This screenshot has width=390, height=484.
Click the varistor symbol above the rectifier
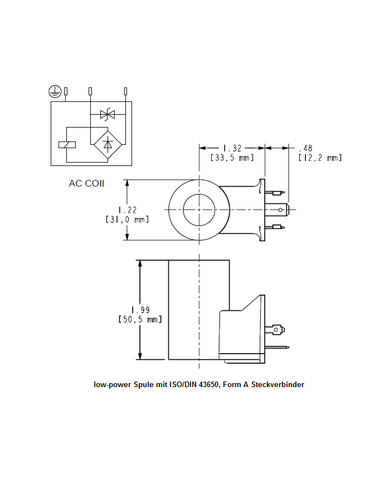tap(107, 115)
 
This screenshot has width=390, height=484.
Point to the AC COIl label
tap(86, 183)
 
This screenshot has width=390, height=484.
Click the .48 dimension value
tap(305, 148)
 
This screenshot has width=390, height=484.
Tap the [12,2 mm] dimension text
tap(319, 158)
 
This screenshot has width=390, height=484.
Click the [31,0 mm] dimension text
tap(127, 219)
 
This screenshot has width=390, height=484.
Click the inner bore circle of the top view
tap(199, 209)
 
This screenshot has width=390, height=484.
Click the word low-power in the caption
tap(111, 385)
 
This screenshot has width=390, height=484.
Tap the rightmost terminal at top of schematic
tap(125, 91)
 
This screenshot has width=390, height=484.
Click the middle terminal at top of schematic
tap(90, 91)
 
